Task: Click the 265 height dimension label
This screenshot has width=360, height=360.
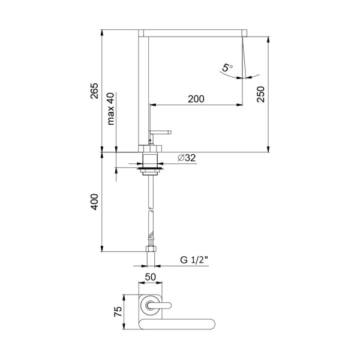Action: pyautogui.click(x=94, y=91)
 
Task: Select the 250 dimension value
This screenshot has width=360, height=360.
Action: pyautogui.click(x=261, y=94)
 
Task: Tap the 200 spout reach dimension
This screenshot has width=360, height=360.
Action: pyautogui.click(x=196, y=99)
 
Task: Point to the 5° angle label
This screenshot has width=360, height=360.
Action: pyautogui.click(x=227, y=68)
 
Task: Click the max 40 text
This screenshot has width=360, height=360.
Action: pyautogui.click(x=110, y=109)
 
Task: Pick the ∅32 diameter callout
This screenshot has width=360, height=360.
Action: pyautogui.click(x=187, y=158)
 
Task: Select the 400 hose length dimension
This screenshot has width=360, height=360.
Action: pyautogui.click(x=94, y=202)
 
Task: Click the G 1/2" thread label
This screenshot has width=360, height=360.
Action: pyautogui.click(x=194, y=260)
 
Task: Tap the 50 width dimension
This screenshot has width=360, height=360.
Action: pyautogui.click(x=151, y=277)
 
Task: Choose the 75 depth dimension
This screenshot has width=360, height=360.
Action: pyautogui.click(x=118, y=311)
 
